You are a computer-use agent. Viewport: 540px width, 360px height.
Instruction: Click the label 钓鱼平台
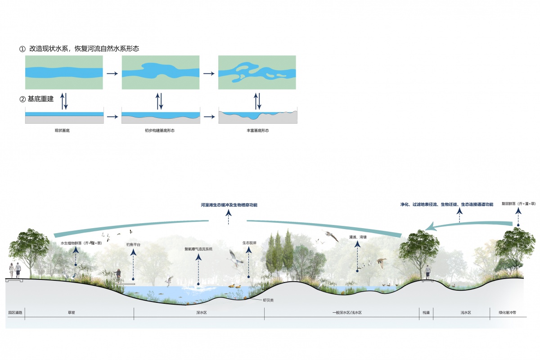point(133,244)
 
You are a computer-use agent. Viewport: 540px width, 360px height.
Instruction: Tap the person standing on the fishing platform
point(119,275)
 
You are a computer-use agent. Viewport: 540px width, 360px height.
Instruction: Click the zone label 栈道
point(426,312)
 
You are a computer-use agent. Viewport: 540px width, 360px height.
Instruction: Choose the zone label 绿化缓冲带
point(507,312)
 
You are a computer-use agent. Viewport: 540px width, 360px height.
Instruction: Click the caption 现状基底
point(62,131)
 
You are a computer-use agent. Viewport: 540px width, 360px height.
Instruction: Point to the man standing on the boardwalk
point(427,272)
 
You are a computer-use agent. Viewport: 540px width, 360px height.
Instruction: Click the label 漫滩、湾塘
point(357,237)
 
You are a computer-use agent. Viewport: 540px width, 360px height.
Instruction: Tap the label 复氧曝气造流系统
point(198,249)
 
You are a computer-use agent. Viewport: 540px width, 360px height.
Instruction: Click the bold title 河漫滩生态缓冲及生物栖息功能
point(229,205)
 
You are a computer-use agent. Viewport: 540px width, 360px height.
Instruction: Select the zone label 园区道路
point(15,312)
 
